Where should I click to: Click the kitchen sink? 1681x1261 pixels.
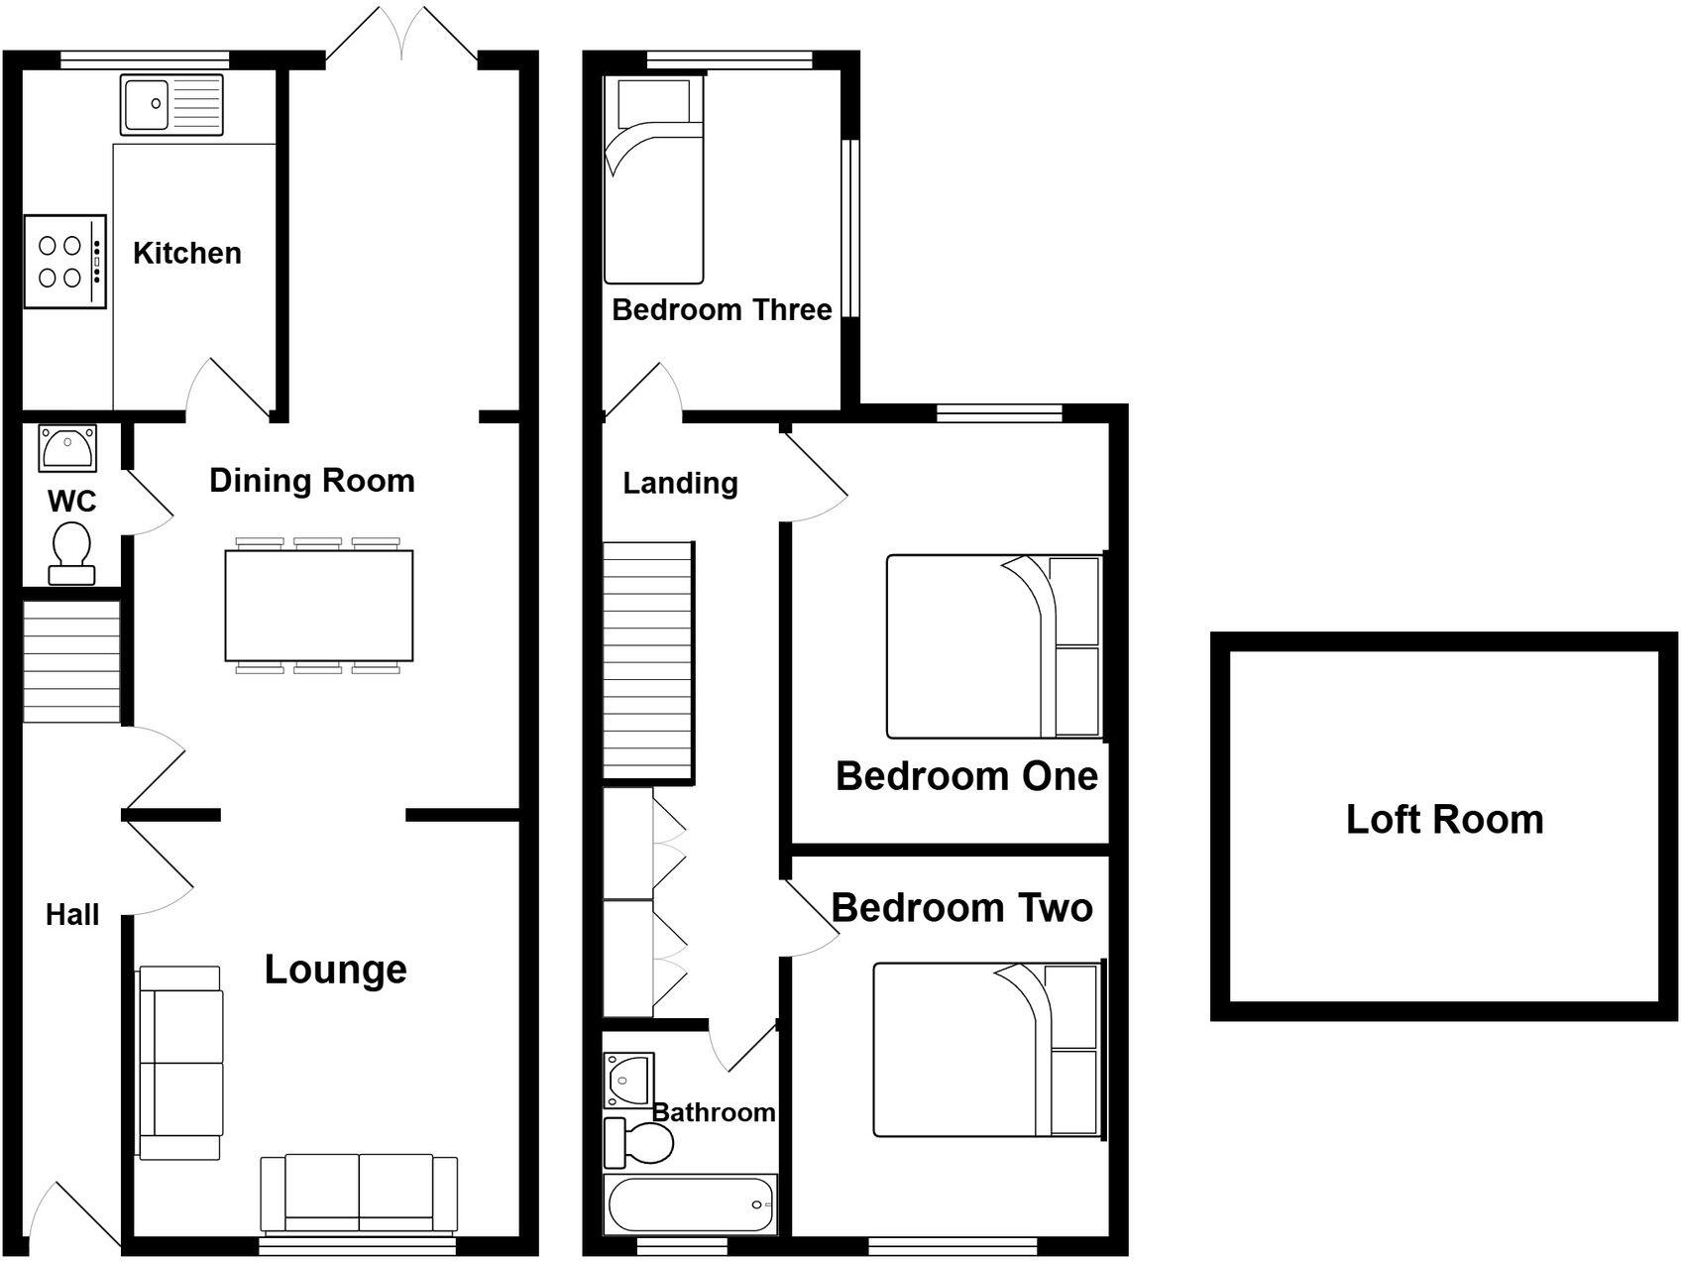[172, 104]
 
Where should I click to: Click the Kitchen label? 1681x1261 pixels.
[187, 253]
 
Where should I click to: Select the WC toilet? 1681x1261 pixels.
[70, 555]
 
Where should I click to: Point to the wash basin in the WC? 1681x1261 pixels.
[67, 447]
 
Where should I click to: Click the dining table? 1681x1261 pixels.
[318, 605]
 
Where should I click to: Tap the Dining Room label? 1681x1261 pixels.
[311, 481]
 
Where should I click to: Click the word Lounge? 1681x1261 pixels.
[335, 969]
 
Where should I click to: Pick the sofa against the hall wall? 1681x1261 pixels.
[180, 1063]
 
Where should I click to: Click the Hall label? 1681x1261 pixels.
[72, 914]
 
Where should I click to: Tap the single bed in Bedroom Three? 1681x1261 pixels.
[653, 180]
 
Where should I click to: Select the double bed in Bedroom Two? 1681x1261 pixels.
[985, 1050]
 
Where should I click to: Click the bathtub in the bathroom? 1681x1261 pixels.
[691, 1204]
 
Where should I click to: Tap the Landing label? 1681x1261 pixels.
[680, 484]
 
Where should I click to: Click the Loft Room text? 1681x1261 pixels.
[1444, 820]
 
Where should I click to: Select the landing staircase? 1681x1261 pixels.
[647, 660]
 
